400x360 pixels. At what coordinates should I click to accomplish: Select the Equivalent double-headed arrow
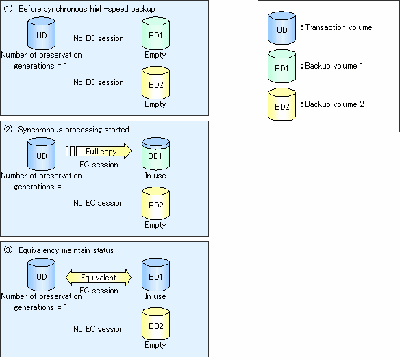[99, 277]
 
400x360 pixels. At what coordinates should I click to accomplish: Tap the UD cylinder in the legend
[282, 28]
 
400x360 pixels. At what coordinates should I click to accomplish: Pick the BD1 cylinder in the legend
[282, 66]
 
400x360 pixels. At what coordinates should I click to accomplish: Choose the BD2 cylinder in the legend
[282, 104]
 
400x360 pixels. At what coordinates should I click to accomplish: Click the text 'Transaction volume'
[338, 27]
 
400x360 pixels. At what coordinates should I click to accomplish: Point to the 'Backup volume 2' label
[334, 104]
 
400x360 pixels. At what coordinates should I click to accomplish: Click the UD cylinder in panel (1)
[41, 34]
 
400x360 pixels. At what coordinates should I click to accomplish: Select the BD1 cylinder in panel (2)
[155, 154]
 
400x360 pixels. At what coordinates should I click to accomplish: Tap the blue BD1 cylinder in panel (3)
[155, 275]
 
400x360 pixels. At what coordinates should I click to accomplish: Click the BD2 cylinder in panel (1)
[155, 83]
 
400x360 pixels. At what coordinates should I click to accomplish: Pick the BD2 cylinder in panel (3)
[155, 324]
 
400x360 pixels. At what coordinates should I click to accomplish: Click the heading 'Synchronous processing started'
[73, 130]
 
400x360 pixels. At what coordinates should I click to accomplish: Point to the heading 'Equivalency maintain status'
[66, 250]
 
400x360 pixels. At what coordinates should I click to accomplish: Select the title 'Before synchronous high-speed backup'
[87, 9]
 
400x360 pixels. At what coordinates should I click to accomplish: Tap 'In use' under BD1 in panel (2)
[155, 176]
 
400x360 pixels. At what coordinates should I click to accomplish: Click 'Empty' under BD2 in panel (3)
[155, 345]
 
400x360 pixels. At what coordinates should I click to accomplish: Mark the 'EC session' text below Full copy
[99, 165]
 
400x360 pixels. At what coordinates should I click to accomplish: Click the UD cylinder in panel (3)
[41, 275]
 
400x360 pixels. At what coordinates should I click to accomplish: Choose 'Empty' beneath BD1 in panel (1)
[155, 55]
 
